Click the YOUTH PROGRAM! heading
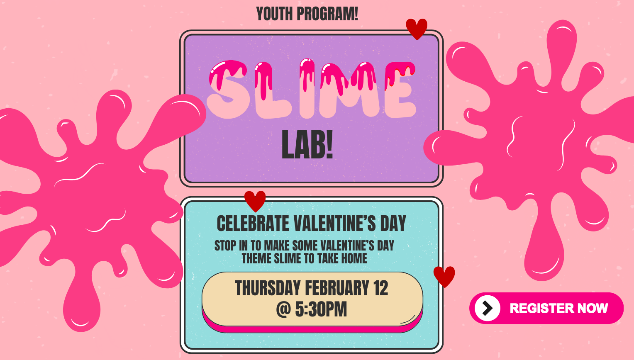coord(307,14)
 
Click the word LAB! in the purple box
coord(307,145)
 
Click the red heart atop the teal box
coord(255,201)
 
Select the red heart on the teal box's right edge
coord(444,276)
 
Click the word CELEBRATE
coord(253,224)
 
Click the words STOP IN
coord(231,246)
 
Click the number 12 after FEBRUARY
coord(380,288)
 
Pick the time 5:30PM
coord(321,309)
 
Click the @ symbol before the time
coord(283,309)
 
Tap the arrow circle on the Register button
coord(487,308)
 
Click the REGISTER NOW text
coord(558,308)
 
